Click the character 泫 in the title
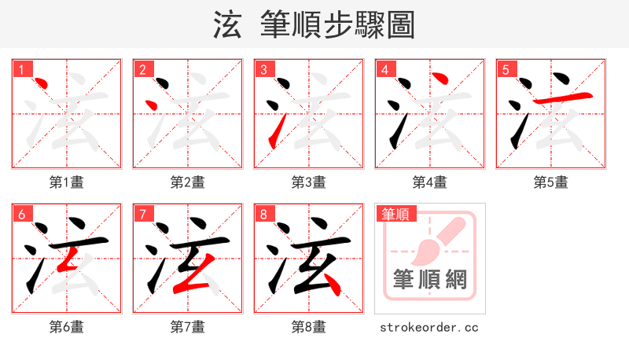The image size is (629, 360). click(227, 24)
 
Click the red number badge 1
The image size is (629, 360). click(21, 69)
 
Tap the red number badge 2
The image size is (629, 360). click(142, 69)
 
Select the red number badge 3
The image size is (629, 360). click(263, 69)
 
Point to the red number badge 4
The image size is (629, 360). click(384, 69)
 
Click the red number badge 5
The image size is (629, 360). click(506, 69)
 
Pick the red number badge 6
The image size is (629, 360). click(21, 214)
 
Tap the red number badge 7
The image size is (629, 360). click(142, 214)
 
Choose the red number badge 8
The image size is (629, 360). click(263, 214)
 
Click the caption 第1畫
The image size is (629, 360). click(67, 182)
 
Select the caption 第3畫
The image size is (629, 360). click(309, 182)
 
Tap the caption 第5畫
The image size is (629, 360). click(551, 182)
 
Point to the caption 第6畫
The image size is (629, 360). click(67, 327)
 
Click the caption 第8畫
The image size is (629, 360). click(309, 327)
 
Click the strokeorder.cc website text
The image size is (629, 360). click(429, 327)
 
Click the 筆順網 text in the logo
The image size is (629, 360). click(430, 279)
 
